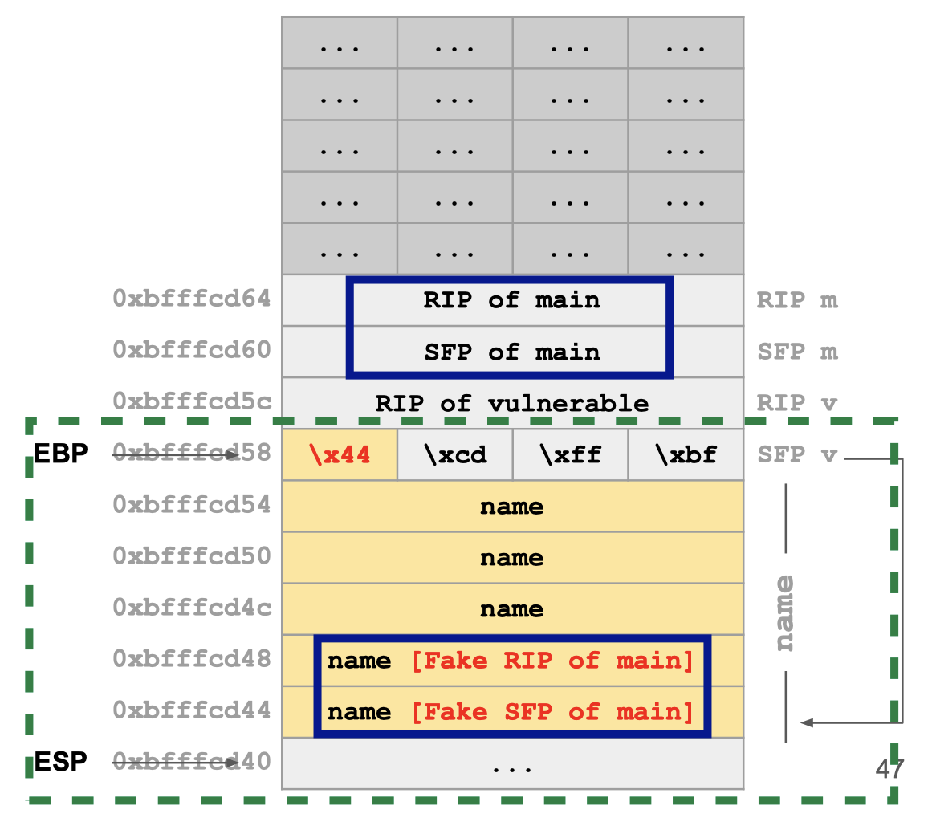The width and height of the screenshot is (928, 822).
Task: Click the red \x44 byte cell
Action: click(340, 454)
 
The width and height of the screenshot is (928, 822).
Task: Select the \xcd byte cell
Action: click(455, 454)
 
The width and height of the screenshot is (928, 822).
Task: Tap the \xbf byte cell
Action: click(685, 454)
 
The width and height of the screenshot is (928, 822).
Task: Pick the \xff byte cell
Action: click(570, 454)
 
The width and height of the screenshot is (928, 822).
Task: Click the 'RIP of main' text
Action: click(511, 300)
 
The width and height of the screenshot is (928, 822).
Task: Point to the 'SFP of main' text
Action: click(511, 352)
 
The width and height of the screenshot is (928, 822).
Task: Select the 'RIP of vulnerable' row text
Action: click(511, 403)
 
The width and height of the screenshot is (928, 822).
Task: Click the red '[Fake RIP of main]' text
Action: click(552, 661)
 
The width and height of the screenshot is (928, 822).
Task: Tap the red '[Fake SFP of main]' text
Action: click(552, 712)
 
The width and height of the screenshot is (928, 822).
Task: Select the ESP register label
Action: click(60, 761)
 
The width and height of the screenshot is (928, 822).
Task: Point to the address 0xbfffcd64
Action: click(192, 299)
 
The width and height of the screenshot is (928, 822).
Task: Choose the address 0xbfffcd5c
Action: click(192, 401)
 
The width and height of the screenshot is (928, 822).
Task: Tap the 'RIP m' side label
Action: click(796, 300)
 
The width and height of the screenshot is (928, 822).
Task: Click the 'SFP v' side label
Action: click(796, 454)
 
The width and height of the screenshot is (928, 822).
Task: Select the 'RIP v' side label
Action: click(796, 403)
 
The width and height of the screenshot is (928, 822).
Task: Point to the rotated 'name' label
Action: click(785, 612)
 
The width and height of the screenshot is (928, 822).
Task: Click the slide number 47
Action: click(889, 769)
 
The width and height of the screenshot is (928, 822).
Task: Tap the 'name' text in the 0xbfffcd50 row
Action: click(511, 558)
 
